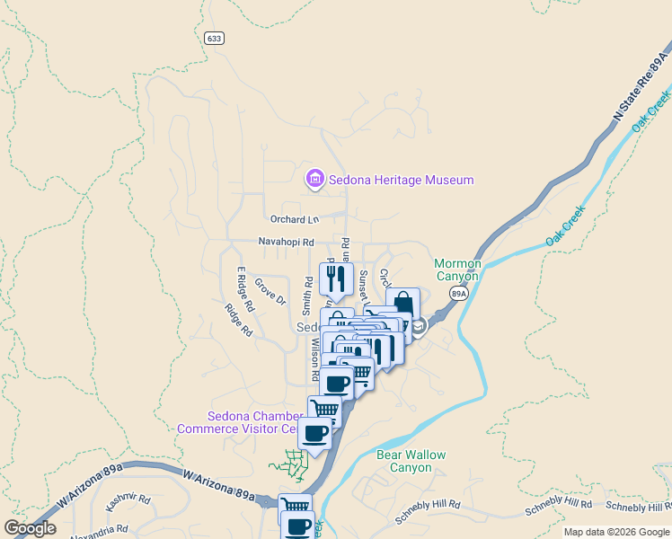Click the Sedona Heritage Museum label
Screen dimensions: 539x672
(x=400, y=180)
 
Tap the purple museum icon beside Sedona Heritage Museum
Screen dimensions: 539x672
(x=314, y=180)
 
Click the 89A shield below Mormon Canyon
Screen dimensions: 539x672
(x=459, y=293)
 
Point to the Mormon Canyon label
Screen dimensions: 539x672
(x=458, y=269)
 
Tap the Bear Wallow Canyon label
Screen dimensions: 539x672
(x=411, y=461)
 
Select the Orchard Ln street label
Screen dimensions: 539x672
(x=295, y=219)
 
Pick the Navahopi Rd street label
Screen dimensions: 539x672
(x=286, y=243)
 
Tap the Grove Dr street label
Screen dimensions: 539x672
(x=270, y=292)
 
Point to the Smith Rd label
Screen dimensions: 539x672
(x=308, y=293)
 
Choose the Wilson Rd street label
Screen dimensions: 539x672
(x=315, y=357)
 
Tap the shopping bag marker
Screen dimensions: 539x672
(x=402, y=304)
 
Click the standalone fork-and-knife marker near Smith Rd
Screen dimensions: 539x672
(x=336, y=278)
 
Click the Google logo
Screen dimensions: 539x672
(x=30, y=528)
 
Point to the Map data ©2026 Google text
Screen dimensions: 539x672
(x=616, y=532)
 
